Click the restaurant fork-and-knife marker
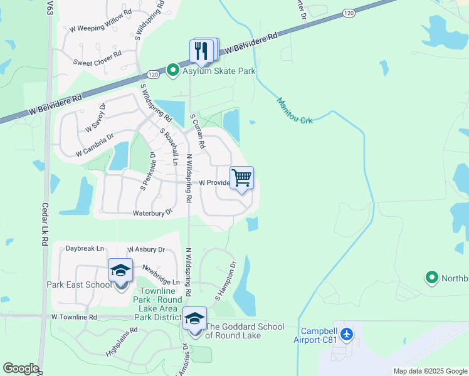tap(202, 51)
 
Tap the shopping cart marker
tap(241, 179)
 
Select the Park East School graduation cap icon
tap(120, 271)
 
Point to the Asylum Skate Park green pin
tap(172, 71)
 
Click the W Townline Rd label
tap(75, 318)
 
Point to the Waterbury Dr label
tap(152, 213)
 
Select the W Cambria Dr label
tap(94, 145)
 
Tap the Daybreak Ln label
tap(85, 249)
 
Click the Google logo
tap(21, 368)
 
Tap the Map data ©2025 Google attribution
tap(430, 371)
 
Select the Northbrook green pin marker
tap(431, 277)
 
